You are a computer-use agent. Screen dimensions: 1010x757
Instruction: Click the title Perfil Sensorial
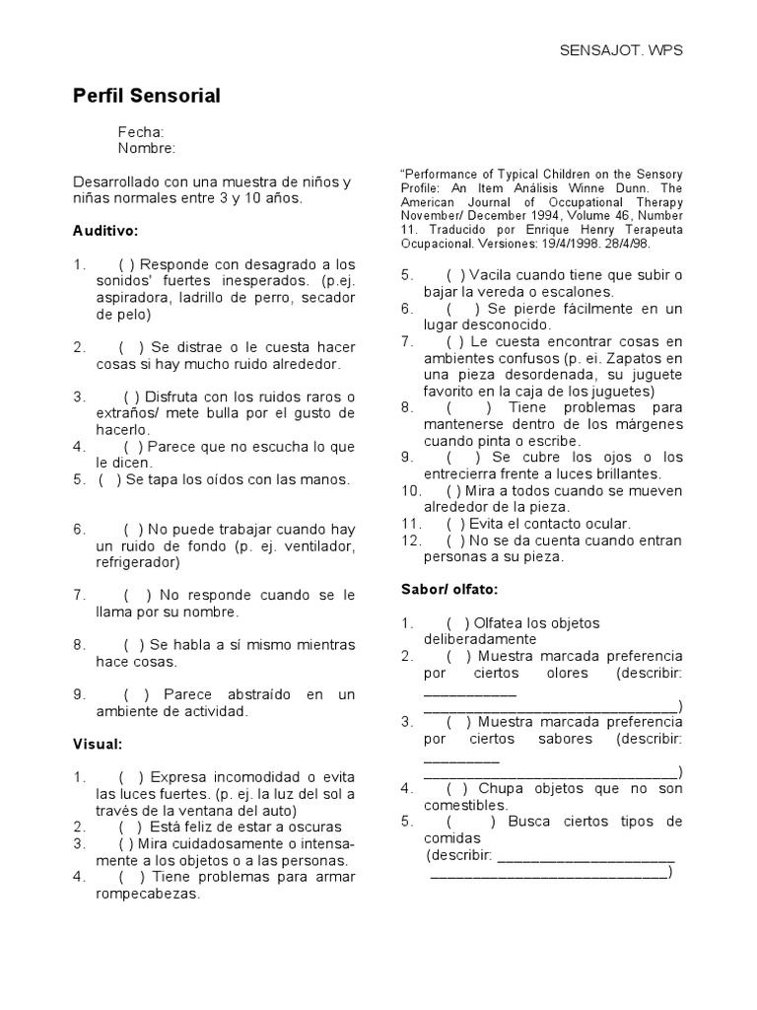[147, 96]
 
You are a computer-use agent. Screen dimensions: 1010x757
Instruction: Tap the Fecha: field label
[141, 132]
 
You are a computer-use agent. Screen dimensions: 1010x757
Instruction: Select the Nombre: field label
[147, 149]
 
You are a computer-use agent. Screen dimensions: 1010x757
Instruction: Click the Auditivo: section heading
[105, 231]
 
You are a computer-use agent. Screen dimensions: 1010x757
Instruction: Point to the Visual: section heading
[97, 744]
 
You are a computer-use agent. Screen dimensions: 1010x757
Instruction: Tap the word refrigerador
[137, 562]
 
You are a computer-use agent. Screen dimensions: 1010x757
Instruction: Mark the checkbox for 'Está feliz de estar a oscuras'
[131, 827]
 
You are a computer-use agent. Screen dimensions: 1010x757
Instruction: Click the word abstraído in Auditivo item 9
[254, 694]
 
